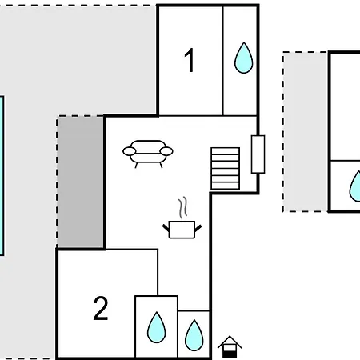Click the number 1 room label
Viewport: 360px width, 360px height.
click(x=190, y=60)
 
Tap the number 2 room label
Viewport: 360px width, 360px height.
click(x=101, y=308)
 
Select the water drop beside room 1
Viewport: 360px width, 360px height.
click(x=243, y=58)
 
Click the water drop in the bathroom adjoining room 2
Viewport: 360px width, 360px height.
click(x=156, y=327)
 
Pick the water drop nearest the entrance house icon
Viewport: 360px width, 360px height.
click(x=194, y=335)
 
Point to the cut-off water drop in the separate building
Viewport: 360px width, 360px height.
click(x=355, y=186)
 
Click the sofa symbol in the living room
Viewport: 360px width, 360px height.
click(x=148, y=154)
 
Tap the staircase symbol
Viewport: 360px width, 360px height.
click(x=226, y=168)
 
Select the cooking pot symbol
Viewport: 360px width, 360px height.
click(x=182, y=230)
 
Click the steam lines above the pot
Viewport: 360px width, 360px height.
click(x=183, y=207)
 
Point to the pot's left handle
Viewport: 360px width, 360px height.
click(x=166, y=228)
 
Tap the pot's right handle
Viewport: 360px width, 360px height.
click(x=198, y=228)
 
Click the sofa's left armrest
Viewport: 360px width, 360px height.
click(x=130, y=151)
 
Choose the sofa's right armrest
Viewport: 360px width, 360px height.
click(x=166, y=151)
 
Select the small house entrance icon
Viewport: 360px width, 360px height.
click(x=230, y=346)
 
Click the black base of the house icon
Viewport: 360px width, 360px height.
click(x=230, y=354)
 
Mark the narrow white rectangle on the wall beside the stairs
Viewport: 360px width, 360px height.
click(x=258, y=154)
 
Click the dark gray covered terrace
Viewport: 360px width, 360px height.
click(x=80, y=182)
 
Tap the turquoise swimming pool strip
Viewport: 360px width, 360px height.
click(x=2, y=176)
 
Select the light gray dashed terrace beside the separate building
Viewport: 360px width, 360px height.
click(x=306, y=132)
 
